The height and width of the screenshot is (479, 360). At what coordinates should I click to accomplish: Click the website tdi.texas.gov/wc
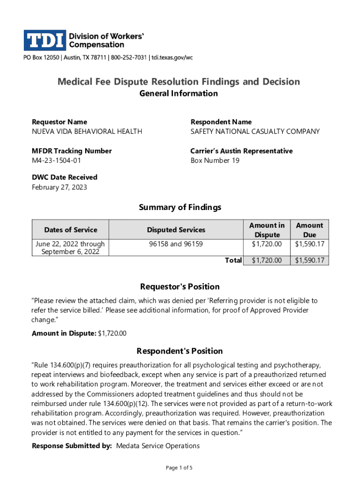[172, 58]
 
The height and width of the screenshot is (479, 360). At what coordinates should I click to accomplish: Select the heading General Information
[179, 94]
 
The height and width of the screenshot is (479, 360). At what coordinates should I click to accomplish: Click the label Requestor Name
[59, 122]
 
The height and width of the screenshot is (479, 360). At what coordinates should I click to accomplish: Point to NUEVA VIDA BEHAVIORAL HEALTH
[87, 131]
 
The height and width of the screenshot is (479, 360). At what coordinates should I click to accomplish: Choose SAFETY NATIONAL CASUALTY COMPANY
[255, 131]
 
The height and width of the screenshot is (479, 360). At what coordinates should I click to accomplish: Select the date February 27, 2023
[59, 188]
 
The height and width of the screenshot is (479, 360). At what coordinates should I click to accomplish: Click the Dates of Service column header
[71, 230]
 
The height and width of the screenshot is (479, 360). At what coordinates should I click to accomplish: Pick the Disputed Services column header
[176, 230]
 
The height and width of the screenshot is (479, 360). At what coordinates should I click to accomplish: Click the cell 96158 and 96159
[176, 244]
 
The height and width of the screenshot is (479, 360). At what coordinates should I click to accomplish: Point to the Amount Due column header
[309, 230]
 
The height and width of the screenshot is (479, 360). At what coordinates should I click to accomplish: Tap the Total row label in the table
[233, 261]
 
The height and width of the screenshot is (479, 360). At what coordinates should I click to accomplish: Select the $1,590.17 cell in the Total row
[309, 261]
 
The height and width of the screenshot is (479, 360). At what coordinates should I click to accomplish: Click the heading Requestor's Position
[180, 287]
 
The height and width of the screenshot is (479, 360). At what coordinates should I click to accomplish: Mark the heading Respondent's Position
[180, 351]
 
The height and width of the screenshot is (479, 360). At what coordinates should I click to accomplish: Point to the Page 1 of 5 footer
[180, 468]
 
